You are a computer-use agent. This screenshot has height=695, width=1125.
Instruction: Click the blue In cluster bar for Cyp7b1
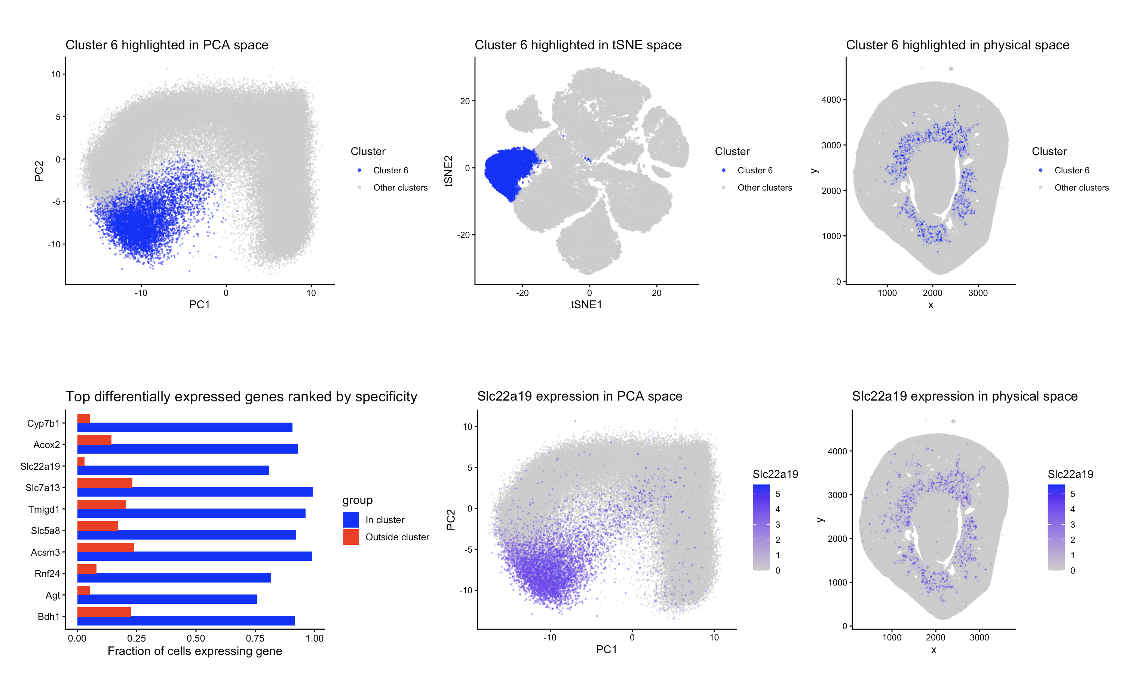(x=184, y=427)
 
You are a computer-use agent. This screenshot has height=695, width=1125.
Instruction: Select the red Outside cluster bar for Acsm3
(x=105, y=547)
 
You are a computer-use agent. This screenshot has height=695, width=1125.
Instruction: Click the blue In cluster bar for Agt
(x=166, y=599)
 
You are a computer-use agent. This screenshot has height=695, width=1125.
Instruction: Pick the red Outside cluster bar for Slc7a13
(x=104, y=483)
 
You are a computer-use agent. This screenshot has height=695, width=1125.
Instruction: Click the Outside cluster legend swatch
(x=351, y=537)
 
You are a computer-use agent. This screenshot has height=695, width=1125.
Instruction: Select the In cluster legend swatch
(x=351, y=520)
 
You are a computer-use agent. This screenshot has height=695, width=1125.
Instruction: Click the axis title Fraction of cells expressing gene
(x=194, y=651)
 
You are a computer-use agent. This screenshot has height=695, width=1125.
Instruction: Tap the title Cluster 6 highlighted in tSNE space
(x=578, y=45)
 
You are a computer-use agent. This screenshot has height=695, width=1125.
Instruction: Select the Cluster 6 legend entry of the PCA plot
(x=390, y=170)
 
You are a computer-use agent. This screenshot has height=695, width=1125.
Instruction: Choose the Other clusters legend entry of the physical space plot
(x=1081, y=188)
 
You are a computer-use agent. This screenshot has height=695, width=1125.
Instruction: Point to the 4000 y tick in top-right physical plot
(x=831, y=100)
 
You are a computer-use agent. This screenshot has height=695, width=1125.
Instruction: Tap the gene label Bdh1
(x=48, y=617)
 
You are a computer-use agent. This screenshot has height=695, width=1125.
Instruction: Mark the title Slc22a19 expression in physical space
(x=965, y=396)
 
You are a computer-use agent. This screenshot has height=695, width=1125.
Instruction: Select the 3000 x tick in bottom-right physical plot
(x=979, y=637)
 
